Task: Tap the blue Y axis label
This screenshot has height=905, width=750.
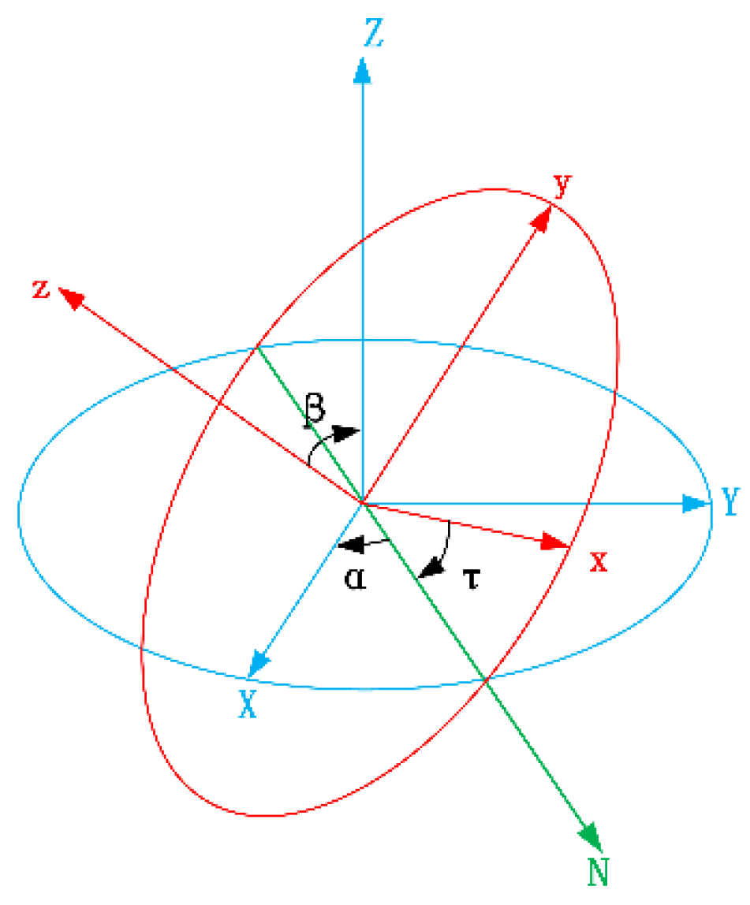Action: (729, 501)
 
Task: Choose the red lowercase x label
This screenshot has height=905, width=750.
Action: (599, 561)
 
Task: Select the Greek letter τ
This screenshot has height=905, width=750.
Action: (471, 581)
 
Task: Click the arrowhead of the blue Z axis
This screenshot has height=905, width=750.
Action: (362, 69)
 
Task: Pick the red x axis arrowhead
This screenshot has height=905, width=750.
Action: (557, 542)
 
